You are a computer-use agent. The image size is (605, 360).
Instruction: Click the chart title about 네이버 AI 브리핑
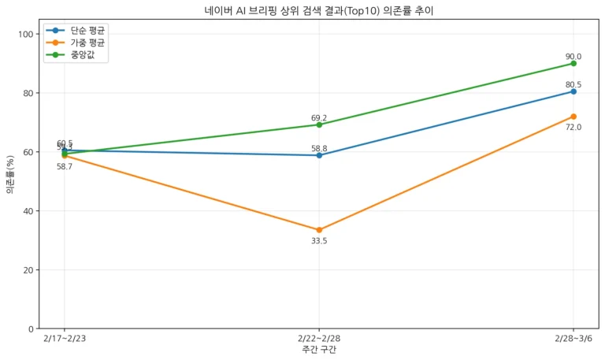(x=318, y=11)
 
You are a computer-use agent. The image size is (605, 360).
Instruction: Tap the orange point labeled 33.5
(x=319, y=230)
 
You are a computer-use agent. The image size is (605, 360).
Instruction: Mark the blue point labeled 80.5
(x=573, y=91)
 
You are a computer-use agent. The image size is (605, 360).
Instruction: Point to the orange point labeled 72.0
(x=573, y=117)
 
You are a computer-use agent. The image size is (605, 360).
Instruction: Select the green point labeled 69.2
(x=319, y=124)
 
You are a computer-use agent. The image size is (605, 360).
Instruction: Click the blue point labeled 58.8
(x=319, y=155)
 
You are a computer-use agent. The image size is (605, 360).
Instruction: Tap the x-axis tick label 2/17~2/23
(x=65, y=339)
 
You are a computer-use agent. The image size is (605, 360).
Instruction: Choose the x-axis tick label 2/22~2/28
(x=319, y=339)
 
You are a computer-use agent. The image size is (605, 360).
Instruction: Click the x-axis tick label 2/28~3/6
(x=573, y=339)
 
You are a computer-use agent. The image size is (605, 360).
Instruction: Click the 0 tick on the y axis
(x=31, y=328)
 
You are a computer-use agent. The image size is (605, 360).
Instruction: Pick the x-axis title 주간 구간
(x=319, y=350)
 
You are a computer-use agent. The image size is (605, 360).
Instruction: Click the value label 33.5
(x=319, y=241)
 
